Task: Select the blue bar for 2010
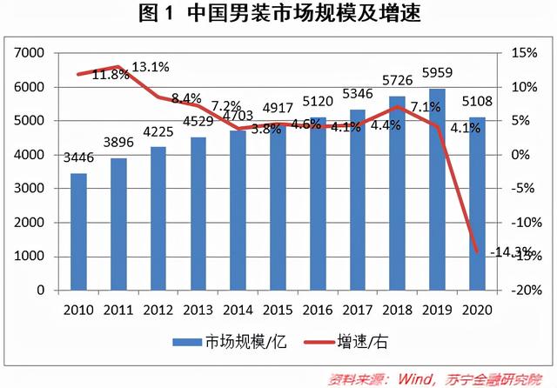78,232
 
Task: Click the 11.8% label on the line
111,75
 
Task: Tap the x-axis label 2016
319,310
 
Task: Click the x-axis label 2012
158,310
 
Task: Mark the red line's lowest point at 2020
478,252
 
